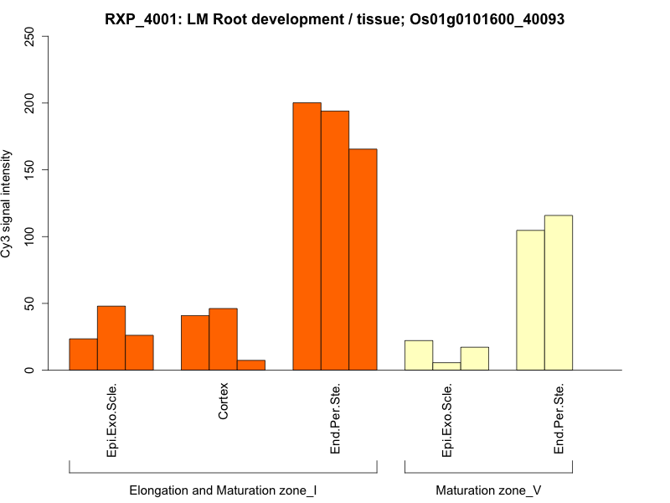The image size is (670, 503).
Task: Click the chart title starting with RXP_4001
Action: coord(335,18)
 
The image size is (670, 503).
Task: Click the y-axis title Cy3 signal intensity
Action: coord(7,203)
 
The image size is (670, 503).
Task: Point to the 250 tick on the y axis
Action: coord(30,37)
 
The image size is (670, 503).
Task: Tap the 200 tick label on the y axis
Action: coord(30,103)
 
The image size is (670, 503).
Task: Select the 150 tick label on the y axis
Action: coord(30,170)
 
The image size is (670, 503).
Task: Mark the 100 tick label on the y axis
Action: coord(30,236)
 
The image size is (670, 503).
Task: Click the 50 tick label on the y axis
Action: coord(30,303)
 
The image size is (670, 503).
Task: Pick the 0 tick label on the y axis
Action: coord(30,370)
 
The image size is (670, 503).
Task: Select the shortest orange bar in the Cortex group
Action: coord(251,365)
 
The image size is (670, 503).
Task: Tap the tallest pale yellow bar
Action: coord(559,293)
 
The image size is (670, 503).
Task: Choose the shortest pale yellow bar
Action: coord(446,366)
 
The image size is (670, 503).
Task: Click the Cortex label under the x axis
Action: coord(224,403)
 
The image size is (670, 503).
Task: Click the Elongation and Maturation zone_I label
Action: coord(223,490)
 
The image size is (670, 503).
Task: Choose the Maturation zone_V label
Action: coord(488,490)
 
